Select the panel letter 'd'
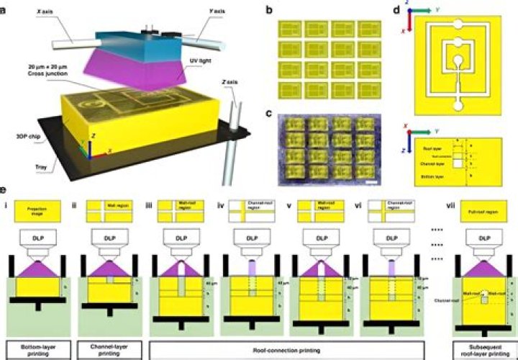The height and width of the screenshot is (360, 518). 400,10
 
